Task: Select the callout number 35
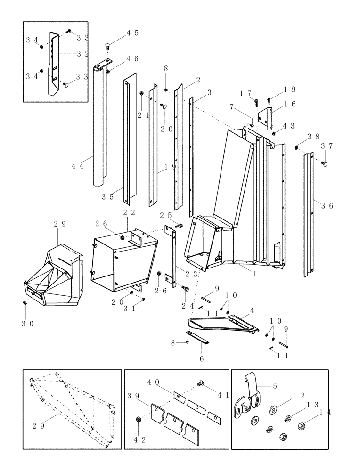[x=108, y=197]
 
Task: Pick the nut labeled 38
[x=296, y=147]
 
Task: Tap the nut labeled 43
[x=274, y=133]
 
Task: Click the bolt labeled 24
[x=185, y=288]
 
